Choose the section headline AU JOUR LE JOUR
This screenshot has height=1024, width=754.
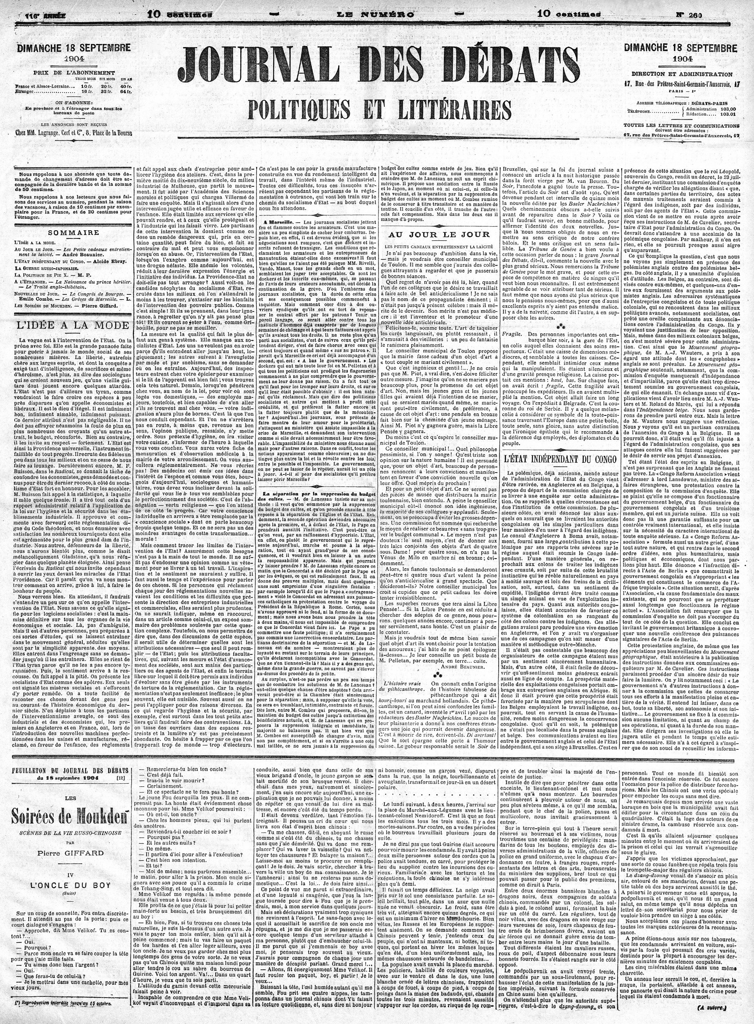(438, 234)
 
